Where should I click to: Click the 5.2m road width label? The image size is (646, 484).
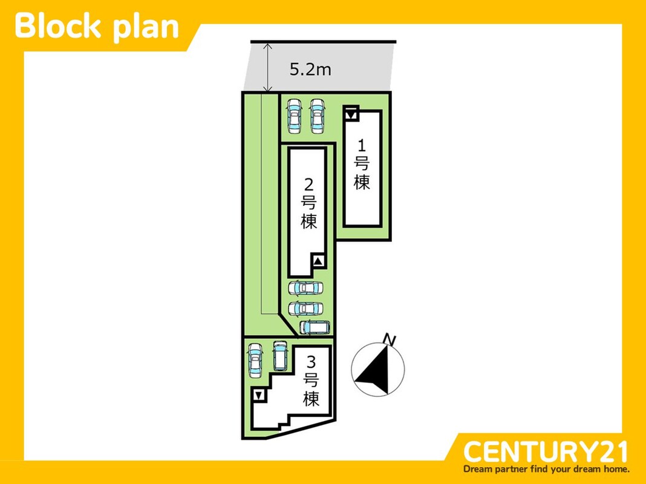click(310, 70)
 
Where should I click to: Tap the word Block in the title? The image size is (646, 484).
click(58, 27)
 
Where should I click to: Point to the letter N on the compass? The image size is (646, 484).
click(390, 340)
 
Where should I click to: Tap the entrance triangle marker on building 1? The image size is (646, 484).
click(351, 113)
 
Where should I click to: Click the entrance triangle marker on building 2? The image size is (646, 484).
click(319, 261)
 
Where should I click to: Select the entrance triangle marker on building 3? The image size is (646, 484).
click(259, 396)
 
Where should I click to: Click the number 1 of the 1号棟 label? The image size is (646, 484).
click(362, 145)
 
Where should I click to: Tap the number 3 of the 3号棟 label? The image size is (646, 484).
click(312, 362)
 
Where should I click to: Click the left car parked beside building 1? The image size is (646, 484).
click(294, 116)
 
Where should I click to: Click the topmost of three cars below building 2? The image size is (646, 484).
click(305, 288)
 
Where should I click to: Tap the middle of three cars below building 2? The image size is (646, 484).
click(305, 308)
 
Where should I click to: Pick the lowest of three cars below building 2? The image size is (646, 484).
click(315, 327)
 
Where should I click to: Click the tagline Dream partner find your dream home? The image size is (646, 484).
click(546, 469)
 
